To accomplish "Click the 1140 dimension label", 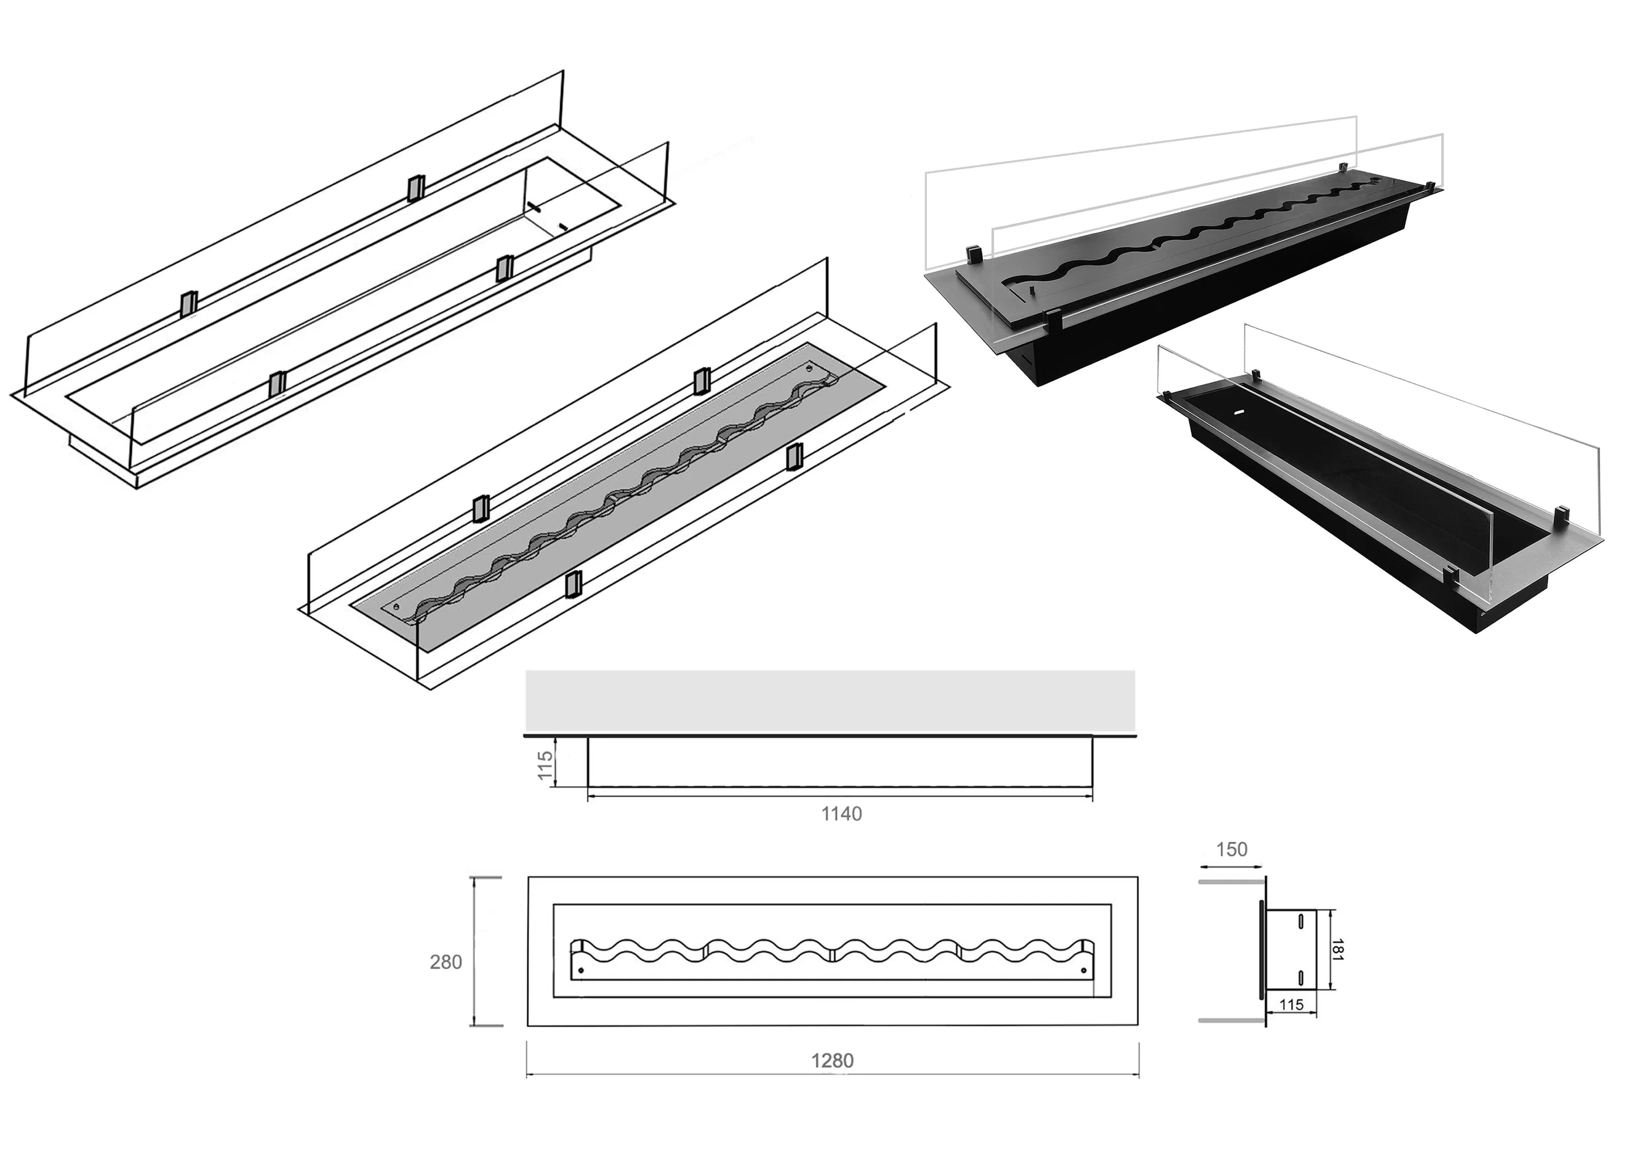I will pyautogui.click(x=841, y=814).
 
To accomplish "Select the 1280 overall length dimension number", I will pyautogui.click(x=833, y=1061).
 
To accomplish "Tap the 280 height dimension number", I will pyautogui.click(x=446, y=963).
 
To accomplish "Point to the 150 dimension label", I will pyautogui.click(x=1231, y=850).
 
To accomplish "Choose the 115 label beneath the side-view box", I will pyautogui.click(x=1292, y=1005).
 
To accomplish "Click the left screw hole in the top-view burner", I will pyautogui.click(x=581, y=970).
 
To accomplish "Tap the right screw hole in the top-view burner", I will pyautogui.click(x=1084, y=970).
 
